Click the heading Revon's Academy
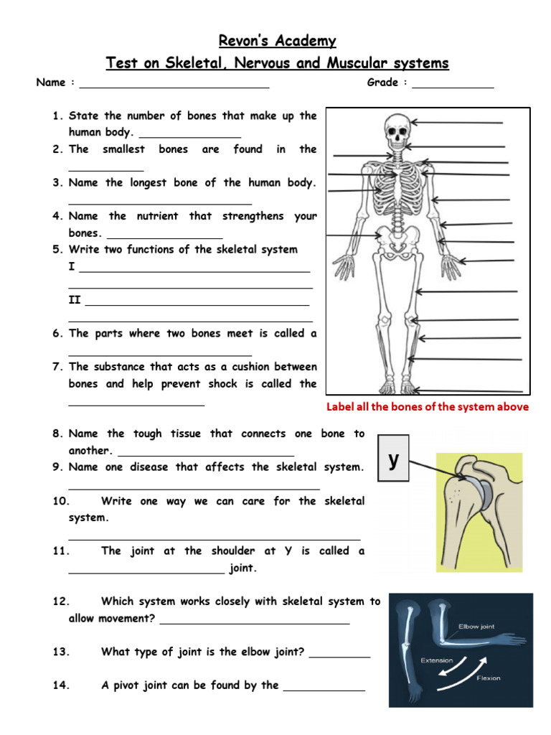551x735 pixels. coord(277,40)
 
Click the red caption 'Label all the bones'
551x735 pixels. coord(428,407)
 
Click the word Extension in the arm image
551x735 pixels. coord(436,660)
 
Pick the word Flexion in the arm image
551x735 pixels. coord(487,678)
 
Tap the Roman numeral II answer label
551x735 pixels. coord(75,300)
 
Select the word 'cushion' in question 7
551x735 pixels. coord(242,367)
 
